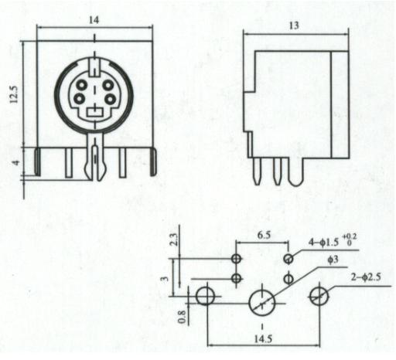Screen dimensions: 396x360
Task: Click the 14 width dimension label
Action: click(94, 20)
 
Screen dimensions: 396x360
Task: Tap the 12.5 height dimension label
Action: click(14, 94)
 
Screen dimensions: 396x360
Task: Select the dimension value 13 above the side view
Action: click(294, 25)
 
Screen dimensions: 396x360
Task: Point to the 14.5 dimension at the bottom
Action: click(263, 339)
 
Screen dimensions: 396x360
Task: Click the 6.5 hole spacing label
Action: click(264, 235)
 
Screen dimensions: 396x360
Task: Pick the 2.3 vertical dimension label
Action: click(175, 239)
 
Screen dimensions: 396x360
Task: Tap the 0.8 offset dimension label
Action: click(182, 317)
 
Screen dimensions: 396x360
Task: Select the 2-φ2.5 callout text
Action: click(366, 277)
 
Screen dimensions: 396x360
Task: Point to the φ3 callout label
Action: click(333, 260)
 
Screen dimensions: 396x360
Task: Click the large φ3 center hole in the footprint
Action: click(262, 303)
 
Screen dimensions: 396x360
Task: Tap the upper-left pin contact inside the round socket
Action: click(82, 85)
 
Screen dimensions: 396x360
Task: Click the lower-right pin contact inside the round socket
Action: click(111, 99)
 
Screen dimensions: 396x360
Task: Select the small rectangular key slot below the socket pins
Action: click(95, 113)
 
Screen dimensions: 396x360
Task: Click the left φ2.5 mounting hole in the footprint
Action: click(206, 296)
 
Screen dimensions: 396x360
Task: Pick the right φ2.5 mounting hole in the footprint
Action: click(319, 297)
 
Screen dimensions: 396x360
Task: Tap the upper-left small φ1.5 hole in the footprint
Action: click(236, 259)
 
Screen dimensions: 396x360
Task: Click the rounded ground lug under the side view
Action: click(295, 172)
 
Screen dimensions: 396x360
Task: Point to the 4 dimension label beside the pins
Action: click(16, 163)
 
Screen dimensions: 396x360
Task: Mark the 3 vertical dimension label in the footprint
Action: click(165, 279)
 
